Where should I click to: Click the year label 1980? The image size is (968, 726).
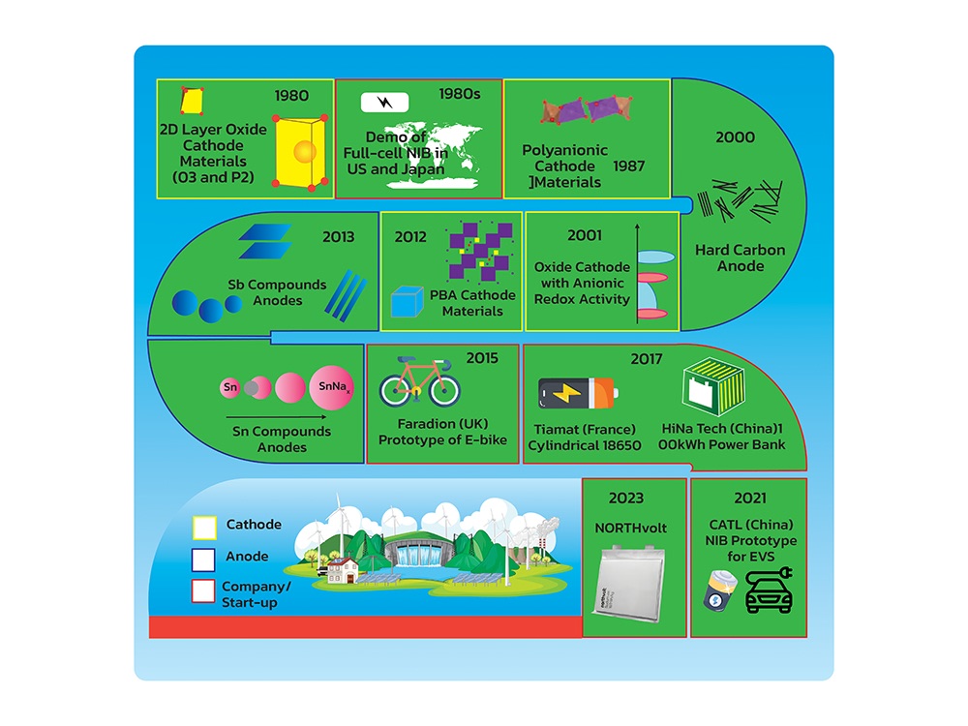(x=291, y=96)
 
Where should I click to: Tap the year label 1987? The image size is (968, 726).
(x=628, y=166)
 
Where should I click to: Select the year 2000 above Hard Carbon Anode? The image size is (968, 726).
(x=735, y=137)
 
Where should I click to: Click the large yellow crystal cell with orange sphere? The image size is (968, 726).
(x=300, y=151)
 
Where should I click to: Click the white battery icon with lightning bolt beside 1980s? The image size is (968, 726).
(x=384, y=102)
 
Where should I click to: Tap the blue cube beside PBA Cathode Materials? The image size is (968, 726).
(x=407, y=301)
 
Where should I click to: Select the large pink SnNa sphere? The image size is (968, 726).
(x=331, y=388)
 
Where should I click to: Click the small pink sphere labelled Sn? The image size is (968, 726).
(x=229, y=388)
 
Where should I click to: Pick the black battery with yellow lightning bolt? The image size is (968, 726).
(x=577, y=393)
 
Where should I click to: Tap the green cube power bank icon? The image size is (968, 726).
(x=713, y=388)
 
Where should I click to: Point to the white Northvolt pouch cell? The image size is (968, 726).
(x=631, y=584)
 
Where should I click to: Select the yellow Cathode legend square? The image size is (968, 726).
(x=204, y=528)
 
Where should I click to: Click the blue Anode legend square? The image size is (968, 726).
(x=203, y=560)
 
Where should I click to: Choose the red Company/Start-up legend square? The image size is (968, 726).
(x=203, y=590)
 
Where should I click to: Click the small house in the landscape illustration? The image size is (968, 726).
(x=342, y=570)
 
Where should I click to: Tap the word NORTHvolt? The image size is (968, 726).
(x=630, y=528)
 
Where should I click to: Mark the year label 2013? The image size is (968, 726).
(x=338, y=236)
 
